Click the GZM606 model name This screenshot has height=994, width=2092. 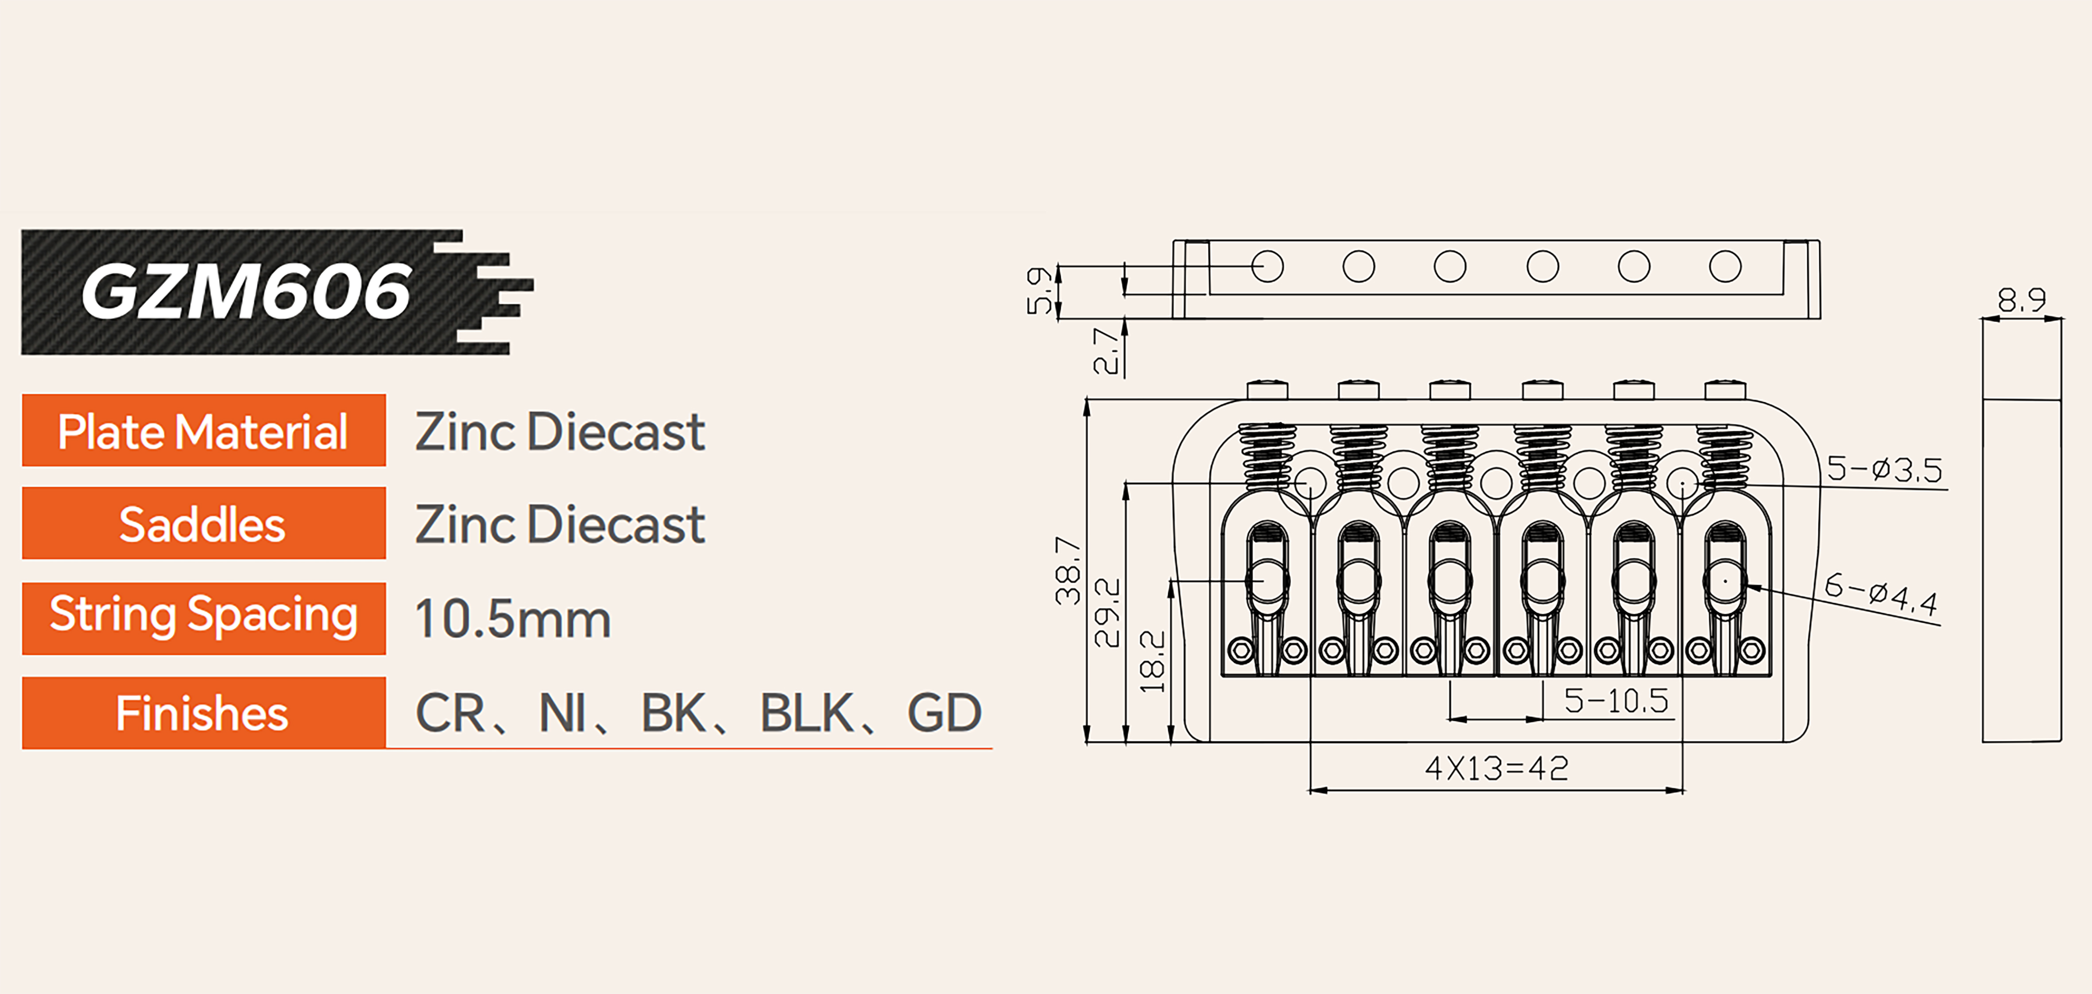coord(246,292)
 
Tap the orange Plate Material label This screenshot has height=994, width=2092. coord(203,431)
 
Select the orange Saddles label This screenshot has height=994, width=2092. coord(203,524)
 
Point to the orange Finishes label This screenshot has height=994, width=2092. coord(203,713)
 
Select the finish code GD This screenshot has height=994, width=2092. coord(944,713)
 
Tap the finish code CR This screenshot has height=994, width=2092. coord(451,713)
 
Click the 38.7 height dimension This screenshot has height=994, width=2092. coord(1068,571)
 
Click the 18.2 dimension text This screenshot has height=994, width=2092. coord(1152,662)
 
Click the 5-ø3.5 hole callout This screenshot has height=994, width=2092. coord(1884,470)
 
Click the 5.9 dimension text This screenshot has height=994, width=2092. coord(1039,291)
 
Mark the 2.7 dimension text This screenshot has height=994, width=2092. coord(1106,351)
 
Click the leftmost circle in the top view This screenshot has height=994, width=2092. coord(1267,266)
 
